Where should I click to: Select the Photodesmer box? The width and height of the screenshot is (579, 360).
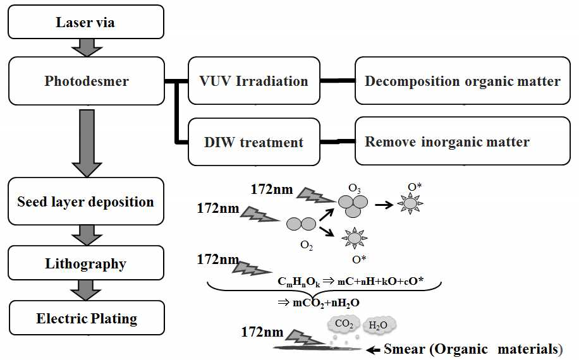87,81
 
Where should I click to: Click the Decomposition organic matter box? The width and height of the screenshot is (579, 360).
462,81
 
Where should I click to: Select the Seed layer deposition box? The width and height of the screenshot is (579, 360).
87,202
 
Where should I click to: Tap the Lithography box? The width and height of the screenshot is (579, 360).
87,264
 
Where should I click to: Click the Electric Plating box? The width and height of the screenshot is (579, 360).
87,318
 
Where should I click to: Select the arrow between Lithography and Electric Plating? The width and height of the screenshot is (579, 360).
87,291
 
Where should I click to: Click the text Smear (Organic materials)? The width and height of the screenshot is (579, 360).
473,349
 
